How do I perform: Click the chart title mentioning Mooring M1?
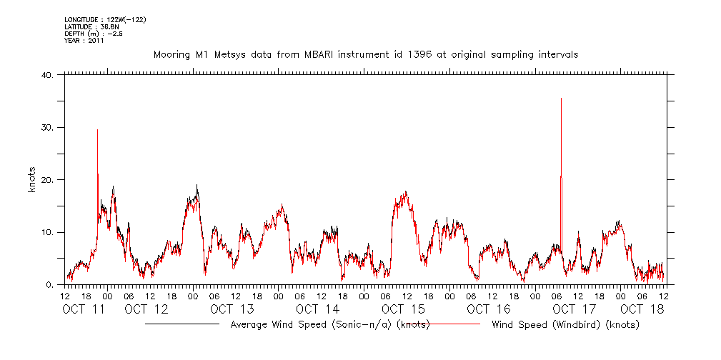point(366,54)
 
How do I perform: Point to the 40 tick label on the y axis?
point(48,75)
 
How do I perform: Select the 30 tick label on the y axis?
point(48,128)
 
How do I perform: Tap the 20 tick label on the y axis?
point(48,180)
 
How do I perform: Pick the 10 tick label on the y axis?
point(48,233)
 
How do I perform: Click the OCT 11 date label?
point(84,309)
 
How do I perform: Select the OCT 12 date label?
point(146,309)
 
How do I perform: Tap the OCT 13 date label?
point(232,309)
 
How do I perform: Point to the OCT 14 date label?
point(317,309)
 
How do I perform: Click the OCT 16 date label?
point(489,309)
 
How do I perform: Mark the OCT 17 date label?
point(575,309)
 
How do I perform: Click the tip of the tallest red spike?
point(561,99)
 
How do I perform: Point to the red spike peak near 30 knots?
point(97,129)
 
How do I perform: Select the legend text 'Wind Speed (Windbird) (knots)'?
point(565,325)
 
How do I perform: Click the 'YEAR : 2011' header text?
point(84,41)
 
